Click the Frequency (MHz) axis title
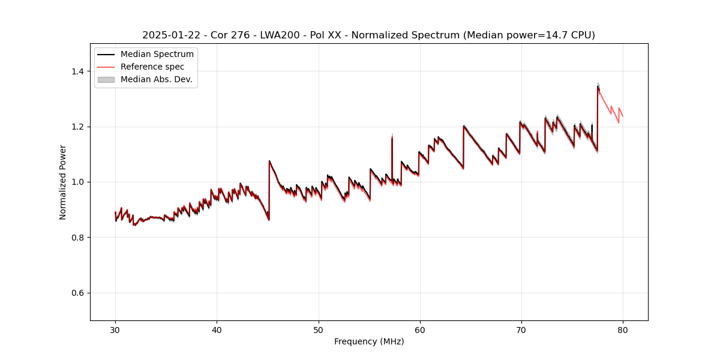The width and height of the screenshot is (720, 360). pos(369,341)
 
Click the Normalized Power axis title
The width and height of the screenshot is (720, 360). pos(63,182)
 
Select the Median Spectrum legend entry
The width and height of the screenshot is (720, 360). pos(157,55)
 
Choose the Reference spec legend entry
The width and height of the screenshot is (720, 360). pos(152,67)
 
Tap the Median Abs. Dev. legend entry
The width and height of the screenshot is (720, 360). pos(157,79)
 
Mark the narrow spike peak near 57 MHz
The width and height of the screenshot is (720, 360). pos(392,136)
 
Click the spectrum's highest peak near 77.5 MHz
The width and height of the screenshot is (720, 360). pos(598,86)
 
